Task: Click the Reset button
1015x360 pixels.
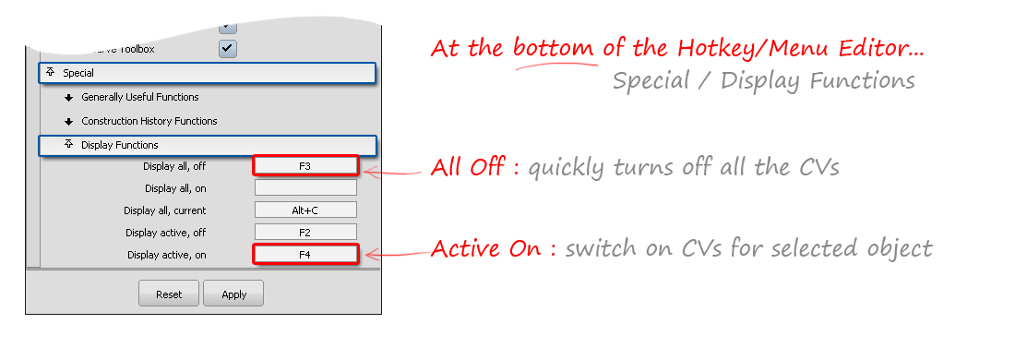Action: [169, 294]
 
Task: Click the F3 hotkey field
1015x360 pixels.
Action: [305, 166]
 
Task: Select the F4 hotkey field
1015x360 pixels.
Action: [305, 254]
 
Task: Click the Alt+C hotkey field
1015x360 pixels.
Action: [305, 210]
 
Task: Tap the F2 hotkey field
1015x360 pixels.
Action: [305, 233]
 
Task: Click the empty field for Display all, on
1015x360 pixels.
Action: [305, 188]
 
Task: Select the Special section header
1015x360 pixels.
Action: [207, 73]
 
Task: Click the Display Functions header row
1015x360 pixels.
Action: [207, 145]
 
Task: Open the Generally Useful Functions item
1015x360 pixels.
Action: [140, 97]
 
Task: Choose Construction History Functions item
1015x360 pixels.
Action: [149, 121]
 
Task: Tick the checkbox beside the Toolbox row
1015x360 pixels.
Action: [228, 48]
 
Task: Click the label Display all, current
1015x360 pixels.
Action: [167, 210]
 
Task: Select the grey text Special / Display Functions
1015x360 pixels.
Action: [763, 81]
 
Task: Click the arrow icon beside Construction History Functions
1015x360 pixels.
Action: [69, 121]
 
